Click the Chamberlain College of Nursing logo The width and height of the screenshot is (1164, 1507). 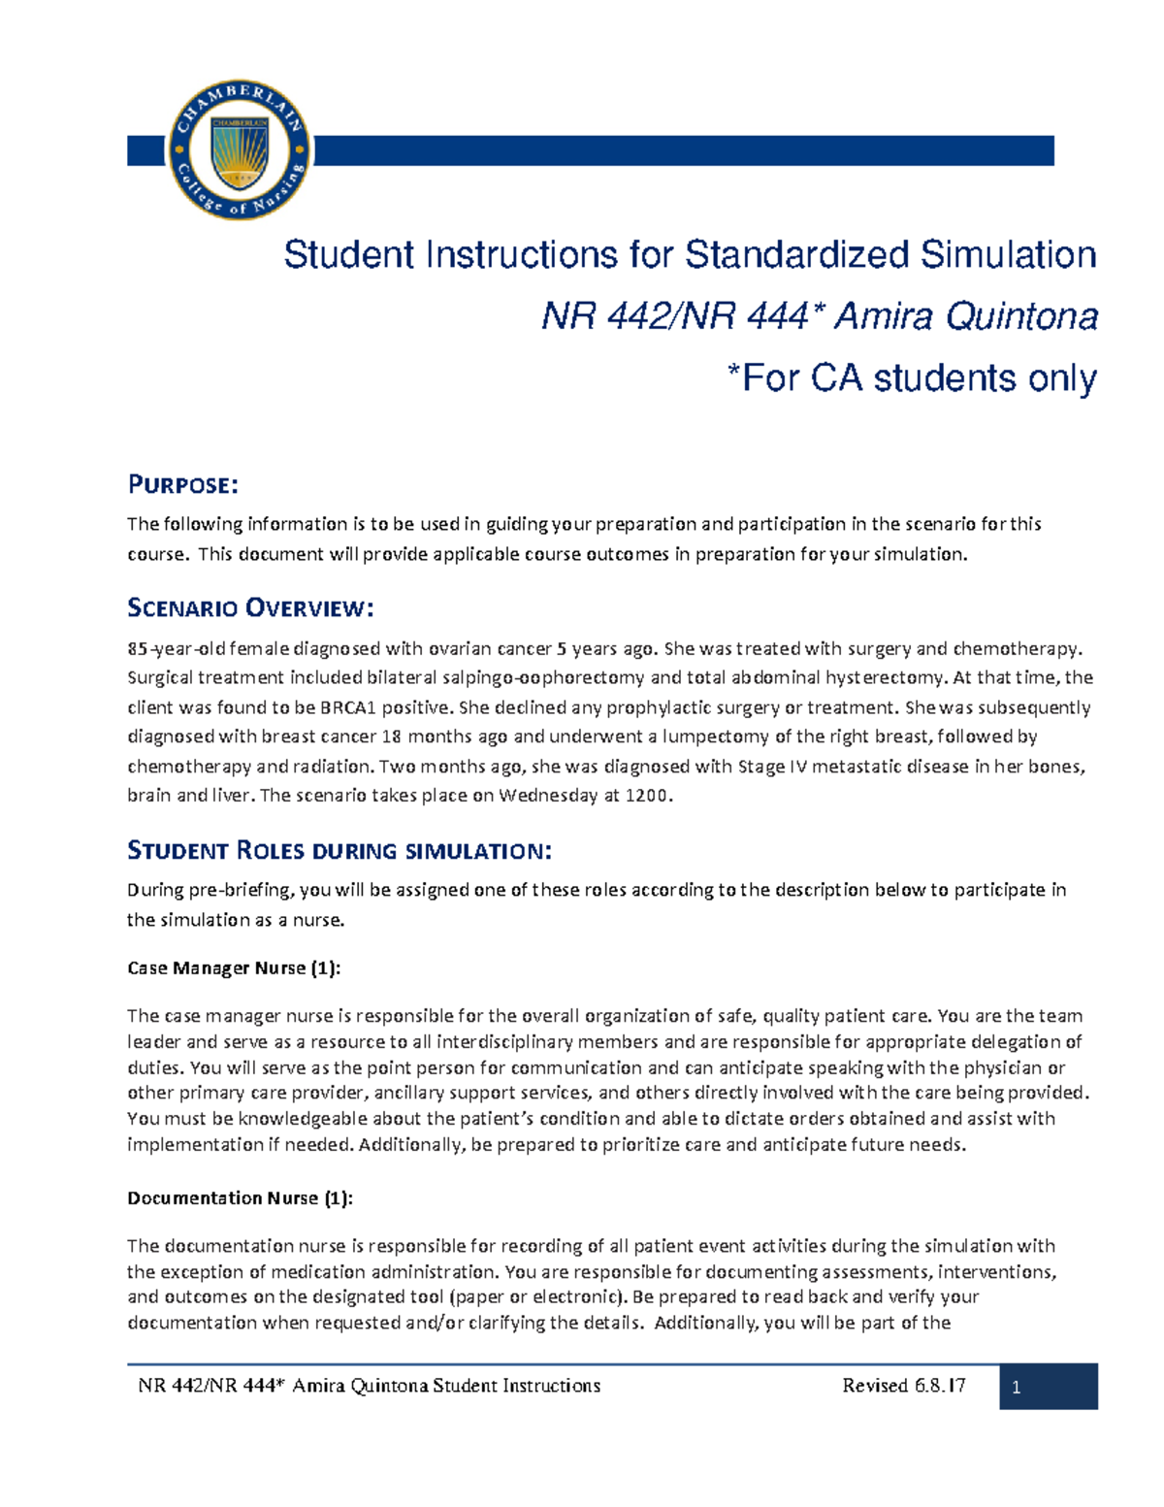239,150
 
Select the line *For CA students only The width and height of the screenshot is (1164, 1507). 912,377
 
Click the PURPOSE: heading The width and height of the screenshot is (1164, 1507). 182,484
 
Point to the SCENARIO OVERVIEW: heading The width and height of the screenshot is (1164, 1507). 250,608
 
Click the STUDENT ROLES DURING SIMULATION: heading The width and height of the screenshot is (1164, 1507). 339,851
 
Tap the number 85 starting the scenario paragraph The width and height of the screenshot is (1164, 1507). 137,649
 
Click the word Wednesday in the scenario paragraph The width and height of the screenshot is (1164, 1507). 548,796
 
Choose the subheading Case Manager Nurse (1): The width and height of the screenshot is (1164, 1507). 233,968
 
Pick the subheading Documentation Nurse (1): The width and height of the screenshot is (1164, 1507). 240,1198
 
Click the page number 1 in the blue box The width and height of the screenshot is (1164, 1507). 1017,1387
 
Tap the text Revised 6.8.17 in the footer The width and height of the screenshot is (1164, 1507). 903,1386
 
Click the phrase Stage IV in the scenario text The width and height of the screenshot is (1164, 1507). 772,767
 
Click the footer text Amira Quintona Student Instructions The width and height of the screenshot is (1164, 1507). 446,1386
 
